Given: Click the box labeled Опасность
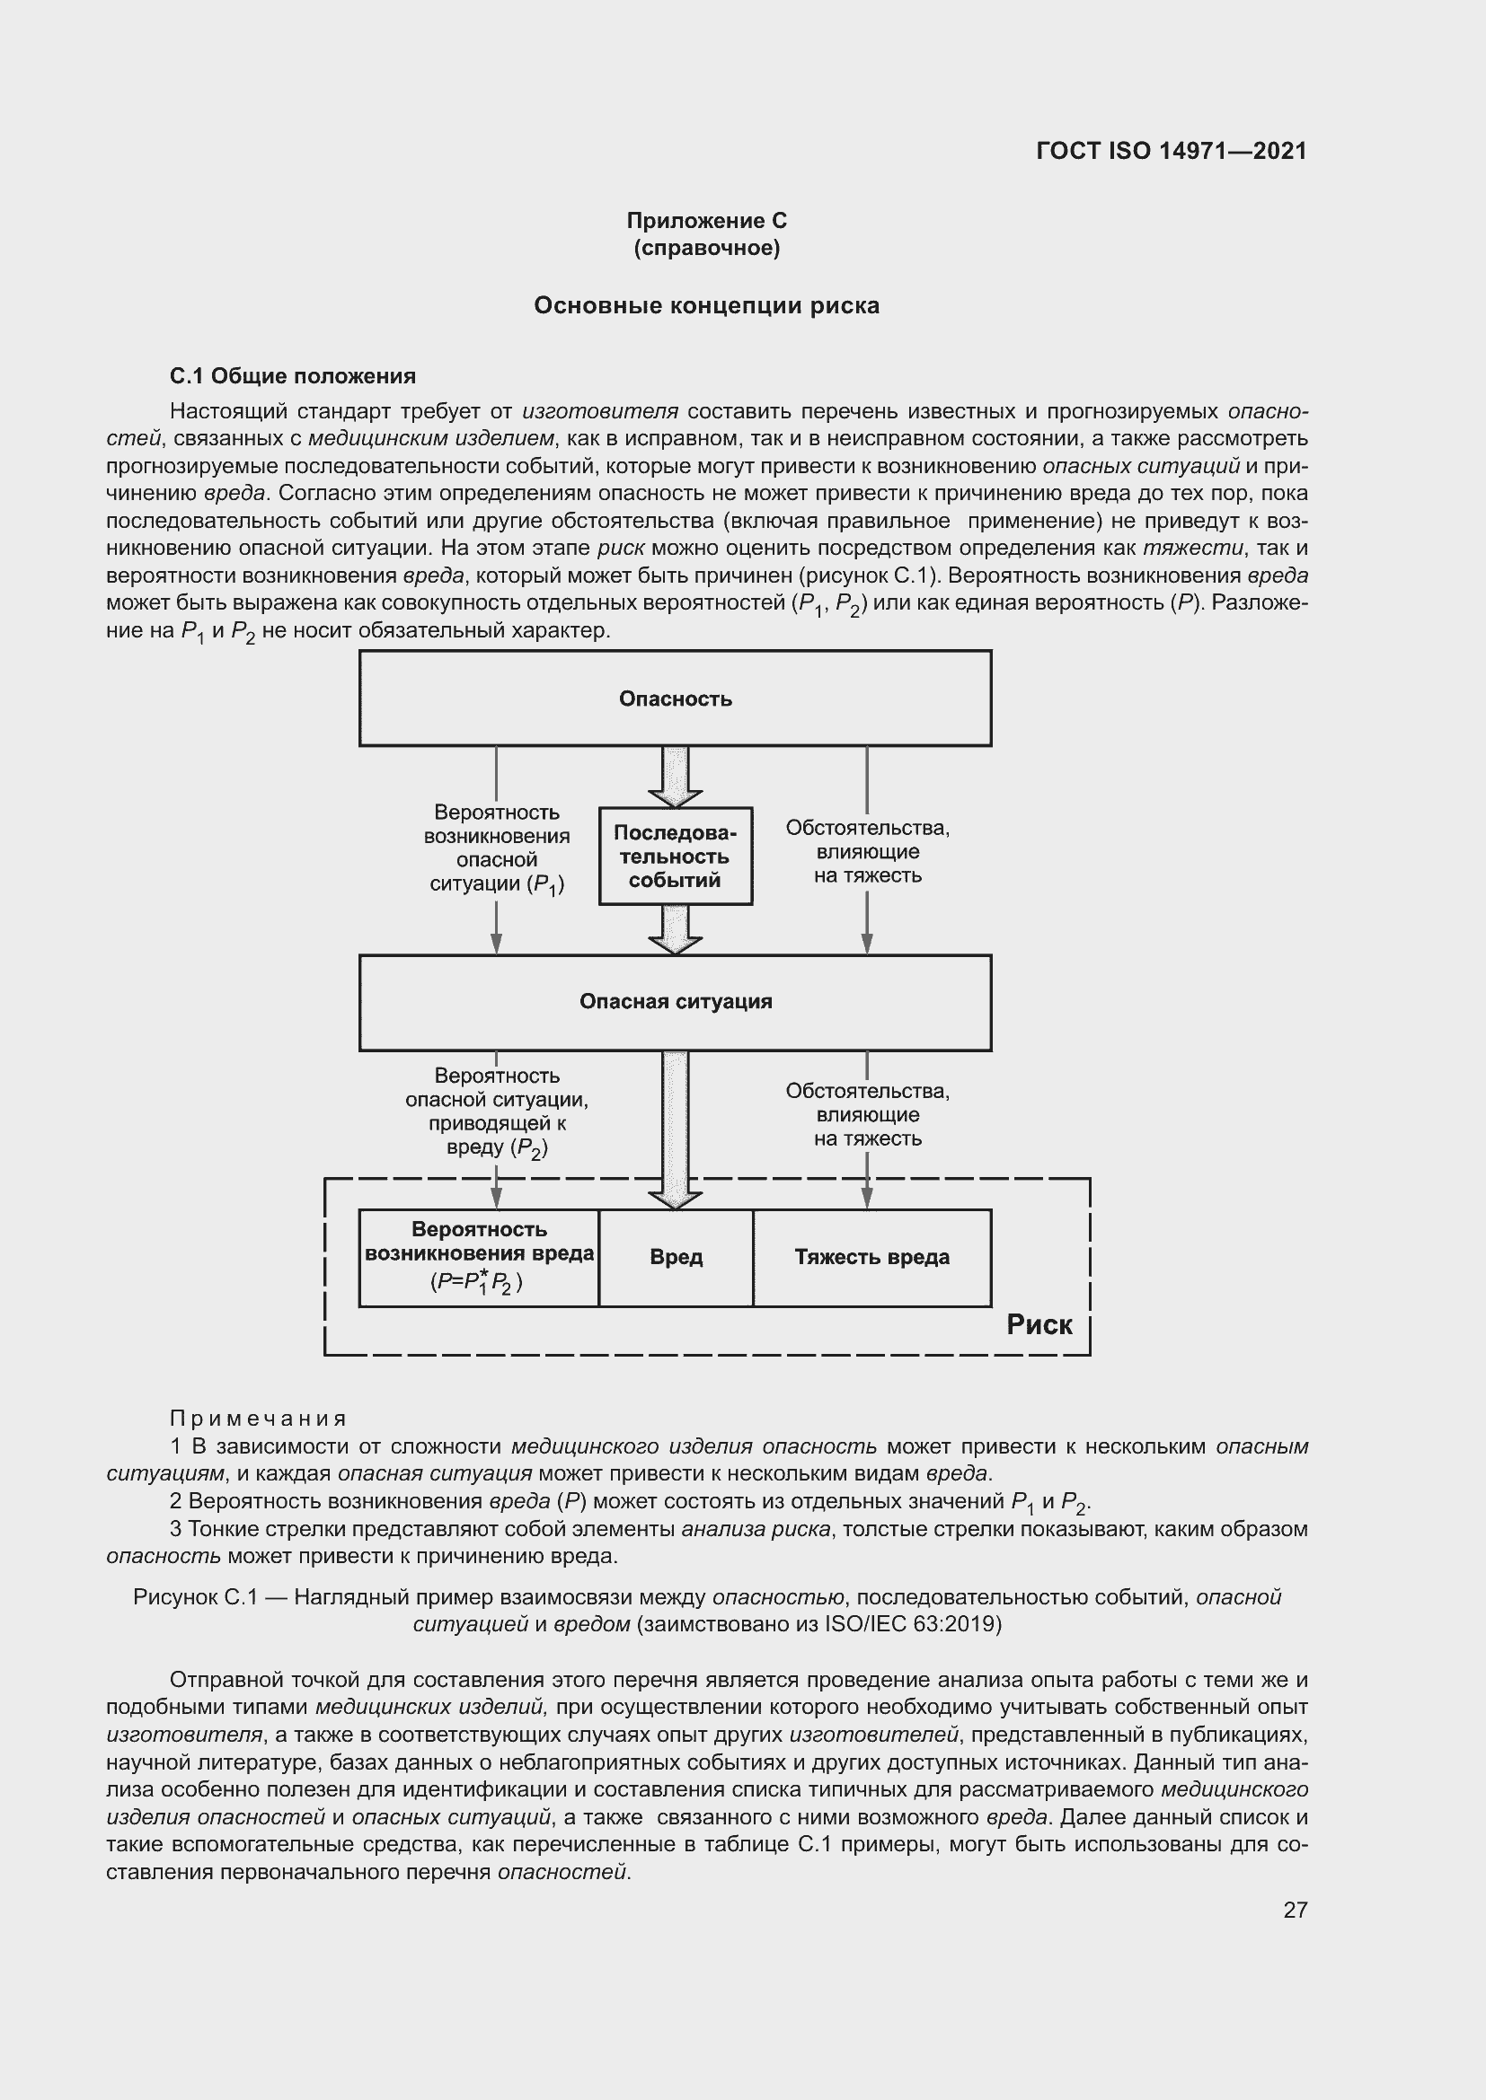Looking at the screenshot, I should click(x=676, y=698).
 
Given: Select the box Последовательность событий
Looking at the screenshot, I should click(x=676, y=857).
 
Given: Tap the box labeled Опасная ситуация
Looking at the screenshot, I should click(x=676, y=1003).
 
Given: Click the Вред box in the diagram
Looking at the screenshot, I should click(x=677, y=1258).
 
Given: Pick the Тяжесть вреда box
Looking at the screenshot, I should click(x=872, y=1258).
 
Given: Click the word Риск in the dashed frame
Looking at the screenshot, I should click(x=1039, y=1324).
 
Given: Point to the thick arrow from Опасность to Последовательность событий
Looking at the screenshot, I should click(x=676, y=776).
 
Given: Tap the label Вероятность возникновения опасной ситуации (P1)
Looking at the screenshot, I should click(x=496, y=848).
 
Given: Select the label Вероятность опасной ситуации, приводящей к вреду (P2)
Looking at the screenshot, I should click(x=496, y=1112).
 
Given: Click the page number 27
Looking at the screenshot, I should click(x=1295, y=1910).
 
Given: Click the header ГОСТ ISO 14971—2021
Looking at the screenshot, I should click(x=1172, y=151).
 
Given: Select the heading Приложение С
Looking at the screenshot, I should click(x=706, y=221).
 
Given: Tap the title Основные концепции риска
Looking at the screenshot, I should click(x=706, y=305).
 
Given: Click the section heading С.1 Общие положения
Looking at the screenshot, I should click(x=293, y=376).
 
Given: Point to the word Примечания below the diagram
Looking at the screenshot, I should click(x=258, y=1419).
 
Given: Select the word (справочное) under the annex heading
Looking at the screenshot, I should click(x=706, y=248).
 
